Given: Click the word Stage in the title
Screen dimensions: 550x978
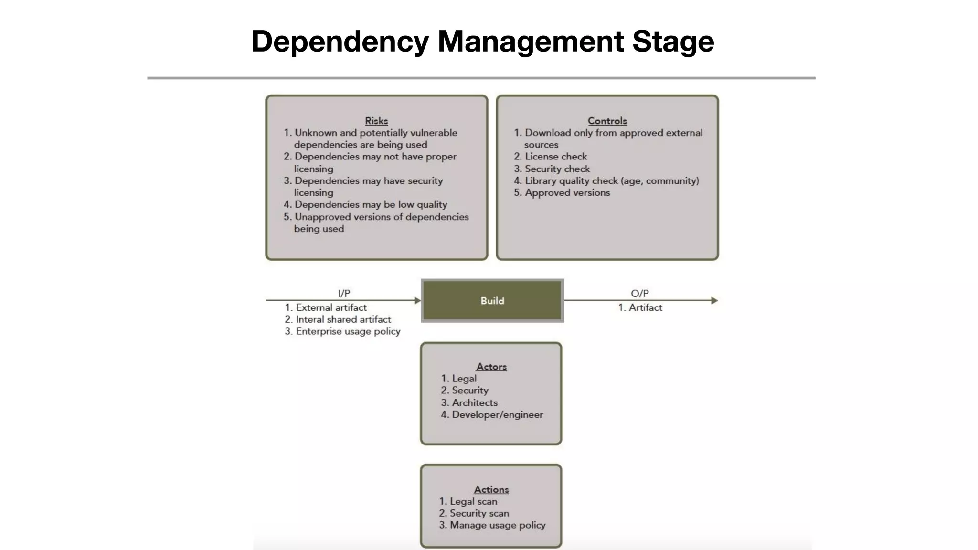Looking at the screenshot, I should (x=673, y=42).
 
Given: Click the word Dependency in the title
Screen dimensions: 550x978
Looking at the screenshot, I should (x=340, y=42).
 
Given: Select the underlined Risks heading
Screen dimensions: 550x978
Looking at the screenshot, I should (x=376, y=121).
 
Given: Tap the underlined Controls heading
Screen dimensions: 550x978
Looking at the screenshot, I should (x=607, y=121).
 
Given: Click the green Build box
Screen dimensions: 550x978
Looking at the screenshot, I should (x=492, y=301).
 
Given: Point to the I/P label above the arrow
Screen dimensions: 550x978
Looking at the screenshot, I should (x=344, y=293).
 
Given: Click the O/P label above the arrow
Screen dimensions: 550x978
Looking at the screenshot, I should (x=639, y=293).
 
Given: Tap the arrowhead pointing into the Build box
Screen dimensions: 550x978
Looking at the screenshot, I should (x=417, y=300).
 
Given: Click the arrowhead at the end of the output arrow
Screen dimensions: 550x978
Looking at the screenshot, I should (x=714, y=300).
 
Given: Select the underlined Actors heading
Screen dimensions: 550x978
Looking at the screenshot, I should (x=491, y=367).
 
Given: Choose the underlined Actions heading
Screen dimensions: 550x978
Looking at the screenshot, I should (x=491, y=489).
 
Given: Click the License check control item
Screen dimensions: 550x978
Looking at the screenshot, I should (x=555, y=157).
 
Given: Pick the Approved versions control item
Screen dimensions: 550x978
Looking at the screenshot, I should (x=567, y=193).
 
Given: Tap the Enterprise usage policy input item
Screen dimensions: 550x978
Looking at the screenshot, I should (x=348, y=331).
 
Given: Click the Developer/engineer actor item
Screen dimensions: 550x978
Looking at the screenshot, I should (x=497, y=415).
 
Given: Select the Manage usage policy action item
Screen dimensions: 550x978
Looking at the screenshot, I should (x=497, y=525).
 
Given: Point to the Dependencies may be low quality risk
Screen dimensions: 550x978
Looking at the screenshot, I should (x=371, y=205).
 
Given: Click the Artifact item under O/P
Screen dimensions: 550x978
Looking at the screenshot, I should (x=645, y=308).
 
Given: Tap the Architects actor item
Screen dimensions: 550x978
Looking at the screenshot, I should (x=474, y=403).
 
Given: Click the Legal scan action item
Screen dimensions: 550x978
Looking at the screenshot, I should (x=473, y=502).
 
